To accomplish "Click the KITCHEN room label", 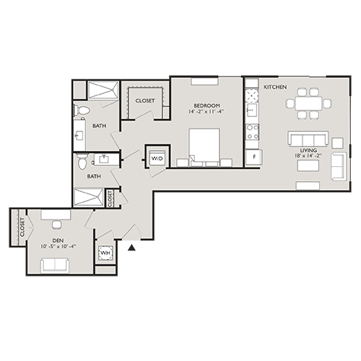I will click(x=275, y=87).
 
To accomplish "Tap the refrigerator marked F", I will click(x=252, y=157).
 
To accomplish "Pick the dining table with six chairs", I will click(x=309, y=103).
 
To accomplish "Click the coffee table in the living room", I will click(x=308, y=165).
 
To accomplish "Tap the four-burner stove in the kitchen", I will click(x=253, y=132).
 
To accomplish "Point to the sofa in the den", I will click(x=56, y=265).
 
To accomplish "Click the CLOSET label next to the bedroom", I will click(x=144, y=101).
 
